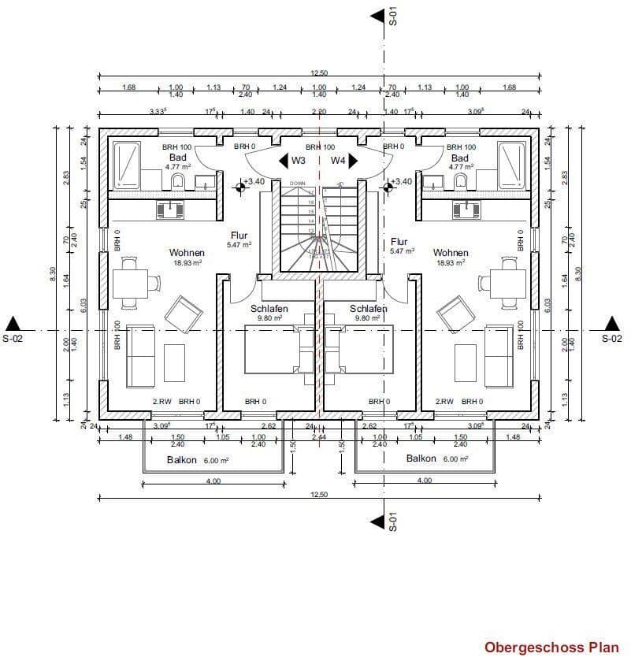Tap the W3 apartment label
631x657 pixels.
(299, 161)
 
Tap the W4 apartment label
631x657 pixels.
(338, 161)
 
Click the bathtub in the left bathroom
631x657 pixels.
(125, 165)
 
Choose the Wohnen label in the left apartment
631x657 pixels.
(187, 253)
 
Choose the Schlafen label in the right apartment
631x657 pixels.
(368, 309)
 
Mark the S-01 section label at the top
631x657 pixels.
(392, 17)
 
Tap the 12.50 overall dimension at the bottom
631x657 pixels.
(319, 495)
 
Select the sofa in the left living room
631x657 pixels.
(140, 356)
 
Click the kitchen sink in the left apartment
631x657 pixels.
(170, 210)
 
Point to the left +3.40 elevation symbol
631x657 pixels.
(239, 187)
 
